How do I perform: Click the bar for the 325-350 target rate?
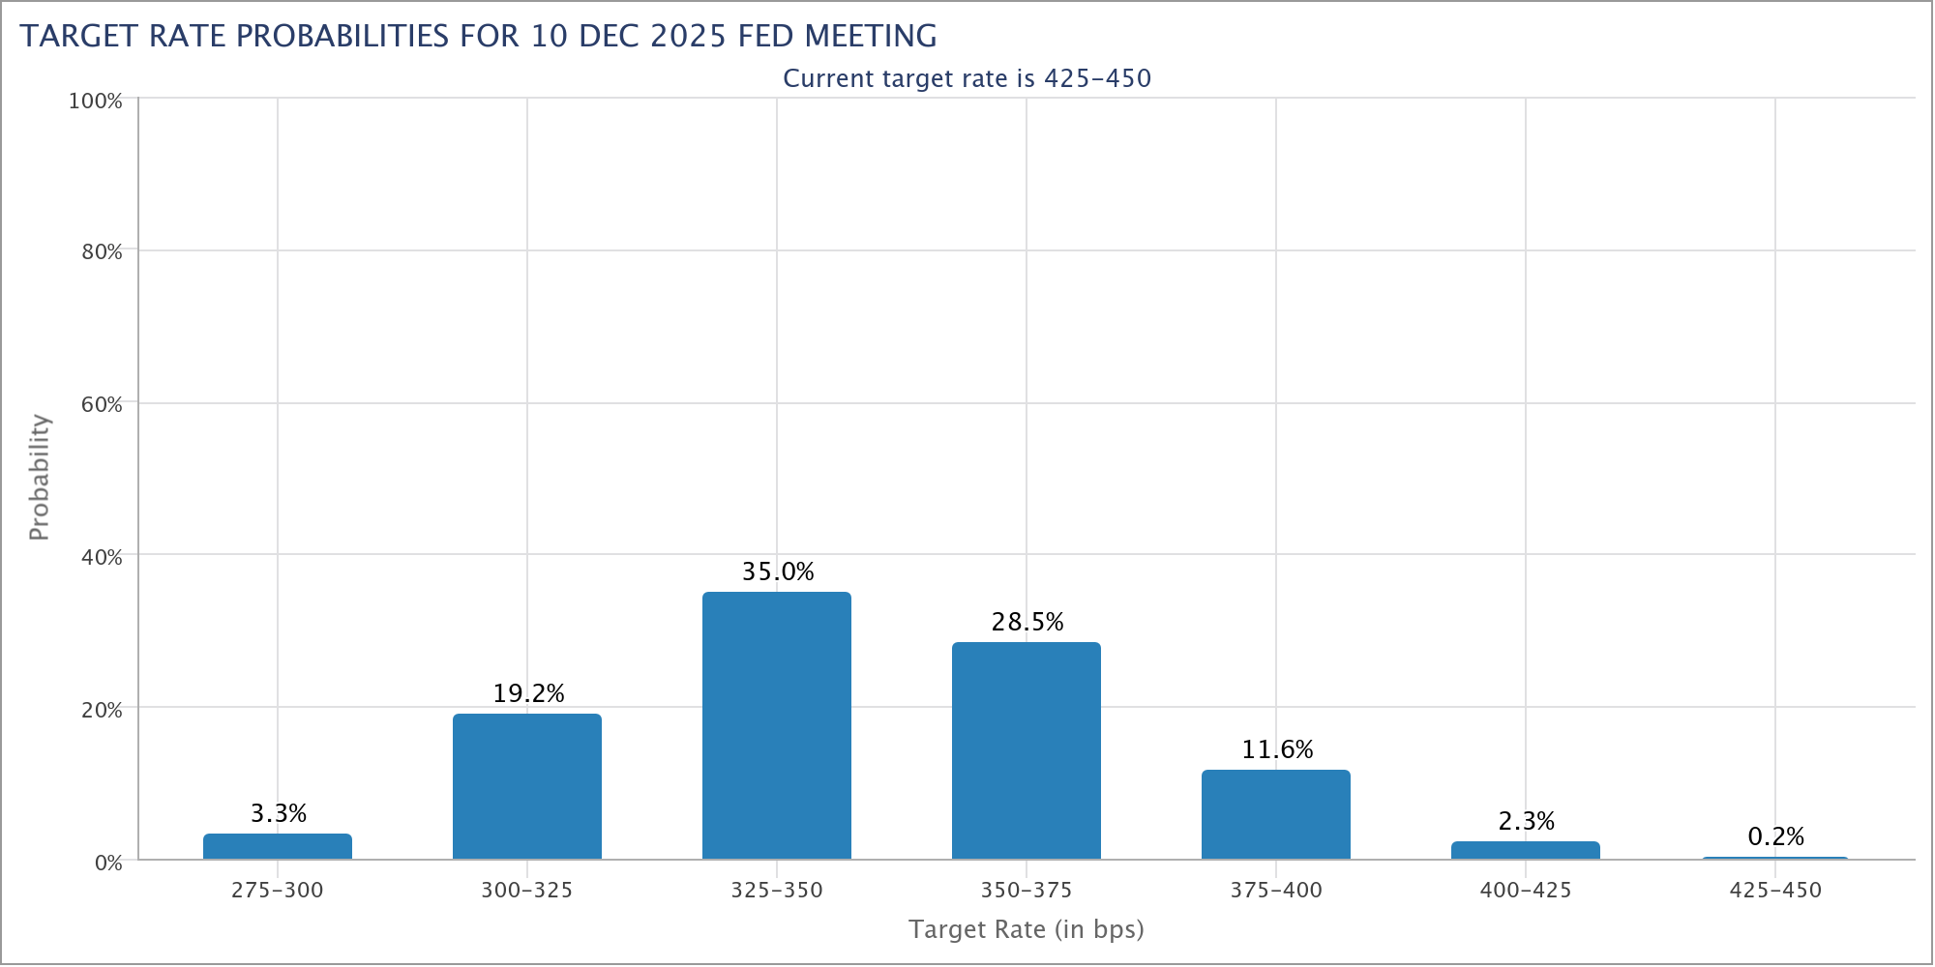777,725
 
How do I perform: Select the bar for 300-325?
527,786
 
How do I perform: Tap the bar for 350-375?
1027,750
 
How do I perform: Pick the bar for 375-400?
1276,814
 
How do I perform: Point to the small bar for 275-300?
278,846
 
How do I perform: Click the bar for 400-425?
1526,850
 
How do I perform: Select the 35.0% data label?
778,571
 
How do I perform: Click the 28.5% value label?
1027,622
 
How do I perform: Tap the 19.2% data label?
528,693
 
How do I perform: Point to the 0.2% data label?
1776,836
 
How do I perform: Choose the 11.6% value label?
1277,749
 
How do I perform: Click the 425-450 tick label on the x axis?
1775,890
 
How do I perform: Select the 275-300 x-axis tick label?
278,890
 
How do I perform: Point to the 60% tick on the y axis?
102,404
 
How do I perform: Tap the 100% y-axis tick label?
96,101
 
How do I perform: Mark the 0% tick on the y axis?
108,862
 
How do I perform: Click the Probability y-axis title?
39,477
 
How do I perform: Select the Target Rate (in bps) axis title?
1027,929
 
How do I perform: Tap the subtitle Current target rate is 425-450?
967,78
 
